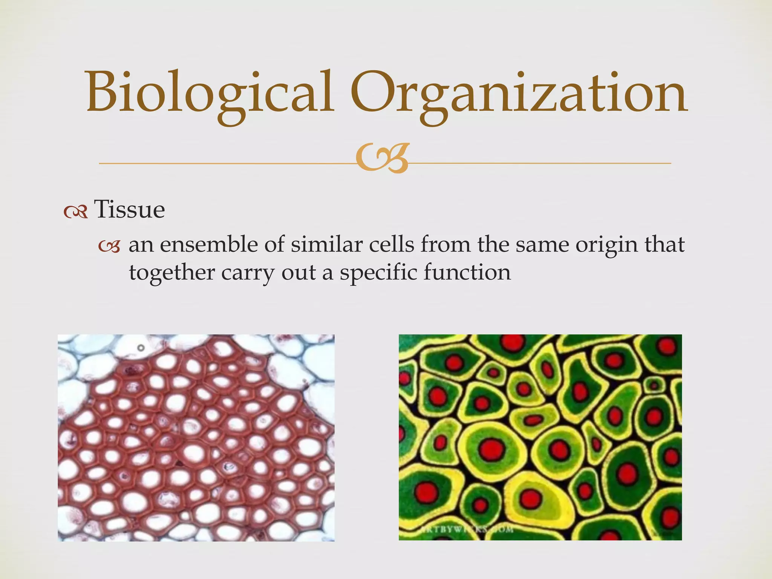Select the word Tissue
pyautogui.click(x=129, y=210)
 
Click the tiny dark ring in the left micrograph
pyautogui.click(x=141, y=348)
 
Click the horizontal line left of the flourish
pyautogui.click(x=226, y=163)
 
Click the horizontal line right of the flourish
pyautogui.click(x=539, y=163)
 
